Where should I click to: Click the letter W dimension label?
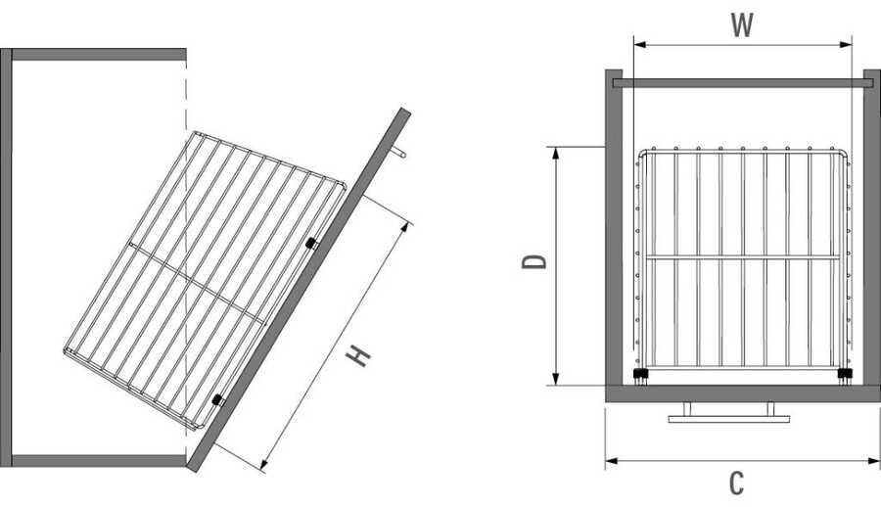pyautogui.click(x=742, y=25)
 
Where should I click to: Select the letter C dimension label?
pyautogui.click(x=736, y=483)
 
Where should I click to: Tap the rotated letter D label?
pyautogui.click(x=534, y=261)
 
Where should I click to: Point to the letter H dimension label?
pyautogui.click(x=357, y=356)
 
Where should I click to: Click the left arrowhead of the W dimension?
pyautogui.click(x=640, y=44)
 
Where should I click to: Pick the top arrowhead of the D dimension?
pyautogui.click(x=556, y=154)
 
